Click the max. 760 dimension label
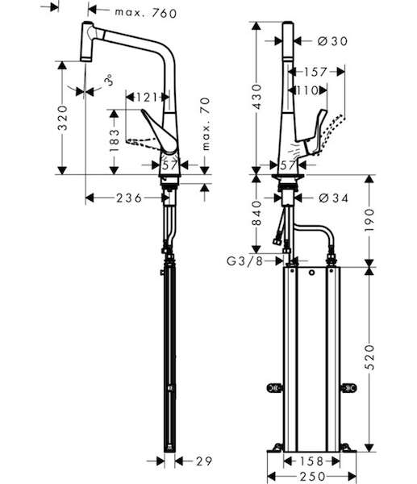coord(146,13)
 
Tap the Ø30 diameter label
coord(332,41)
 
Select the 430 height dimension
coord(256,96)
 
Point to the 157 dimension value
coord(315,72)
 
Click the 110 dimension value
coord(307,90)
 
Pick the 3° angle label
coord(108,80)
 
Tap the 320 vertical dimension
coord(63,118)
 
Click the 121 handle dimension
coord(147,98)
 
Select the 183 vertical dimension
coord(115,140)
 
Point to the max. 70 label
coord(206,123)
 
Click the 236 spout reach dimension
coord(129,198)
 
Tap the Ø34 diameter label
coord(333,198)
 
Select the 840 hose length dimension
coord(256,213)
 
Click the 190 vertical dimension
coord(369,220)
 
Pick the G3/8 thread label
coord(244,261)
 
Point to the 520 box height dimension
coord(369,357)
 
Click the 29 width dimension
coord(204,461)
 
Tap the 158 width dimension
coord(311,461)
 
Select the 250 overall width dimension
coord(312,476)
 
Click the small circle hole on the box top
coord(312,273)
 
